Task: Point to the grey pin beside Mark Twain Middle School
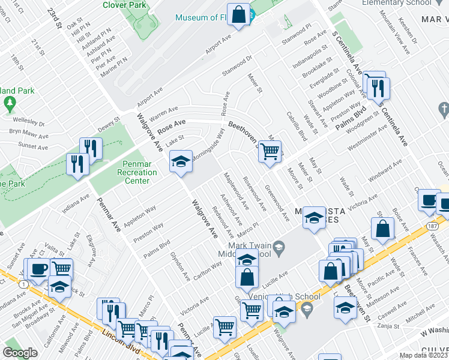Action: [278, 247]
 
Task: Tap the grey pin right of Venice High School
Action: [307, 309]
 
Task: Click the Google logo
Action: [20, 352]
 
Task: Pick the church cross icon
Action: [444, 109]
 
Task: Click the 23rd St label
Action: [55, 18]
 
